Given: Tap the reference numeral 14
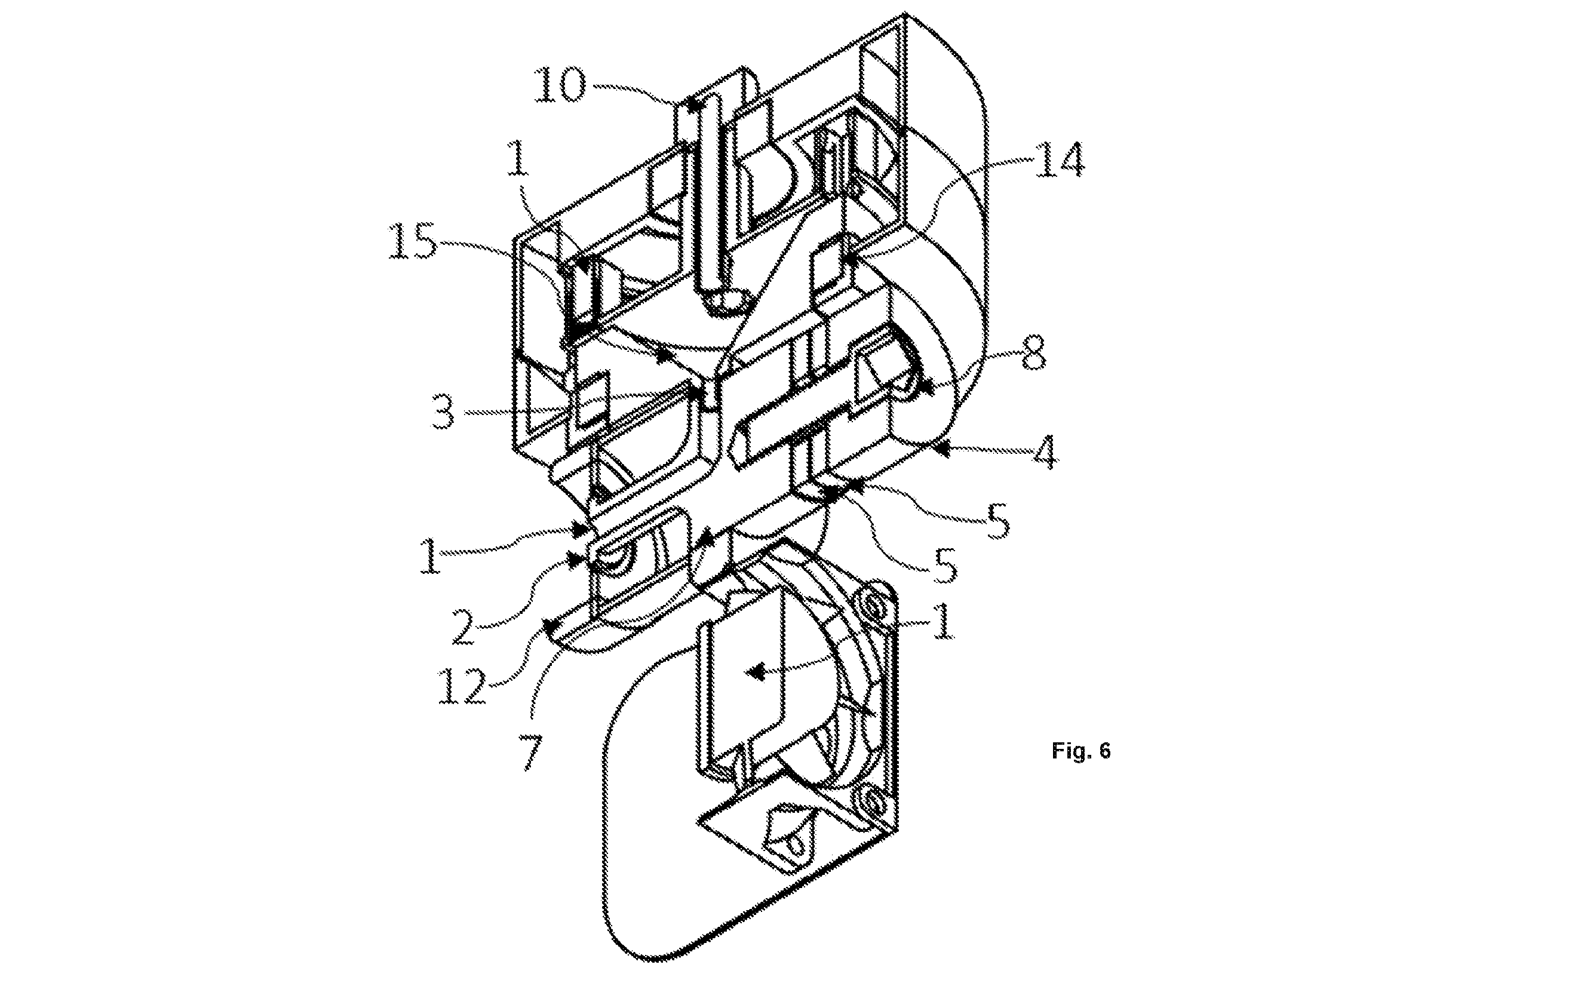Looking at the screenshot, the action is [1060, 159].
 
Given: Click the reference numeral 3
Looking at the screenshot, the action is [444, 412].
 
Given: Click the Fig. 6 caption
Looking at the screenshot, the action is [1081, 751].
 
